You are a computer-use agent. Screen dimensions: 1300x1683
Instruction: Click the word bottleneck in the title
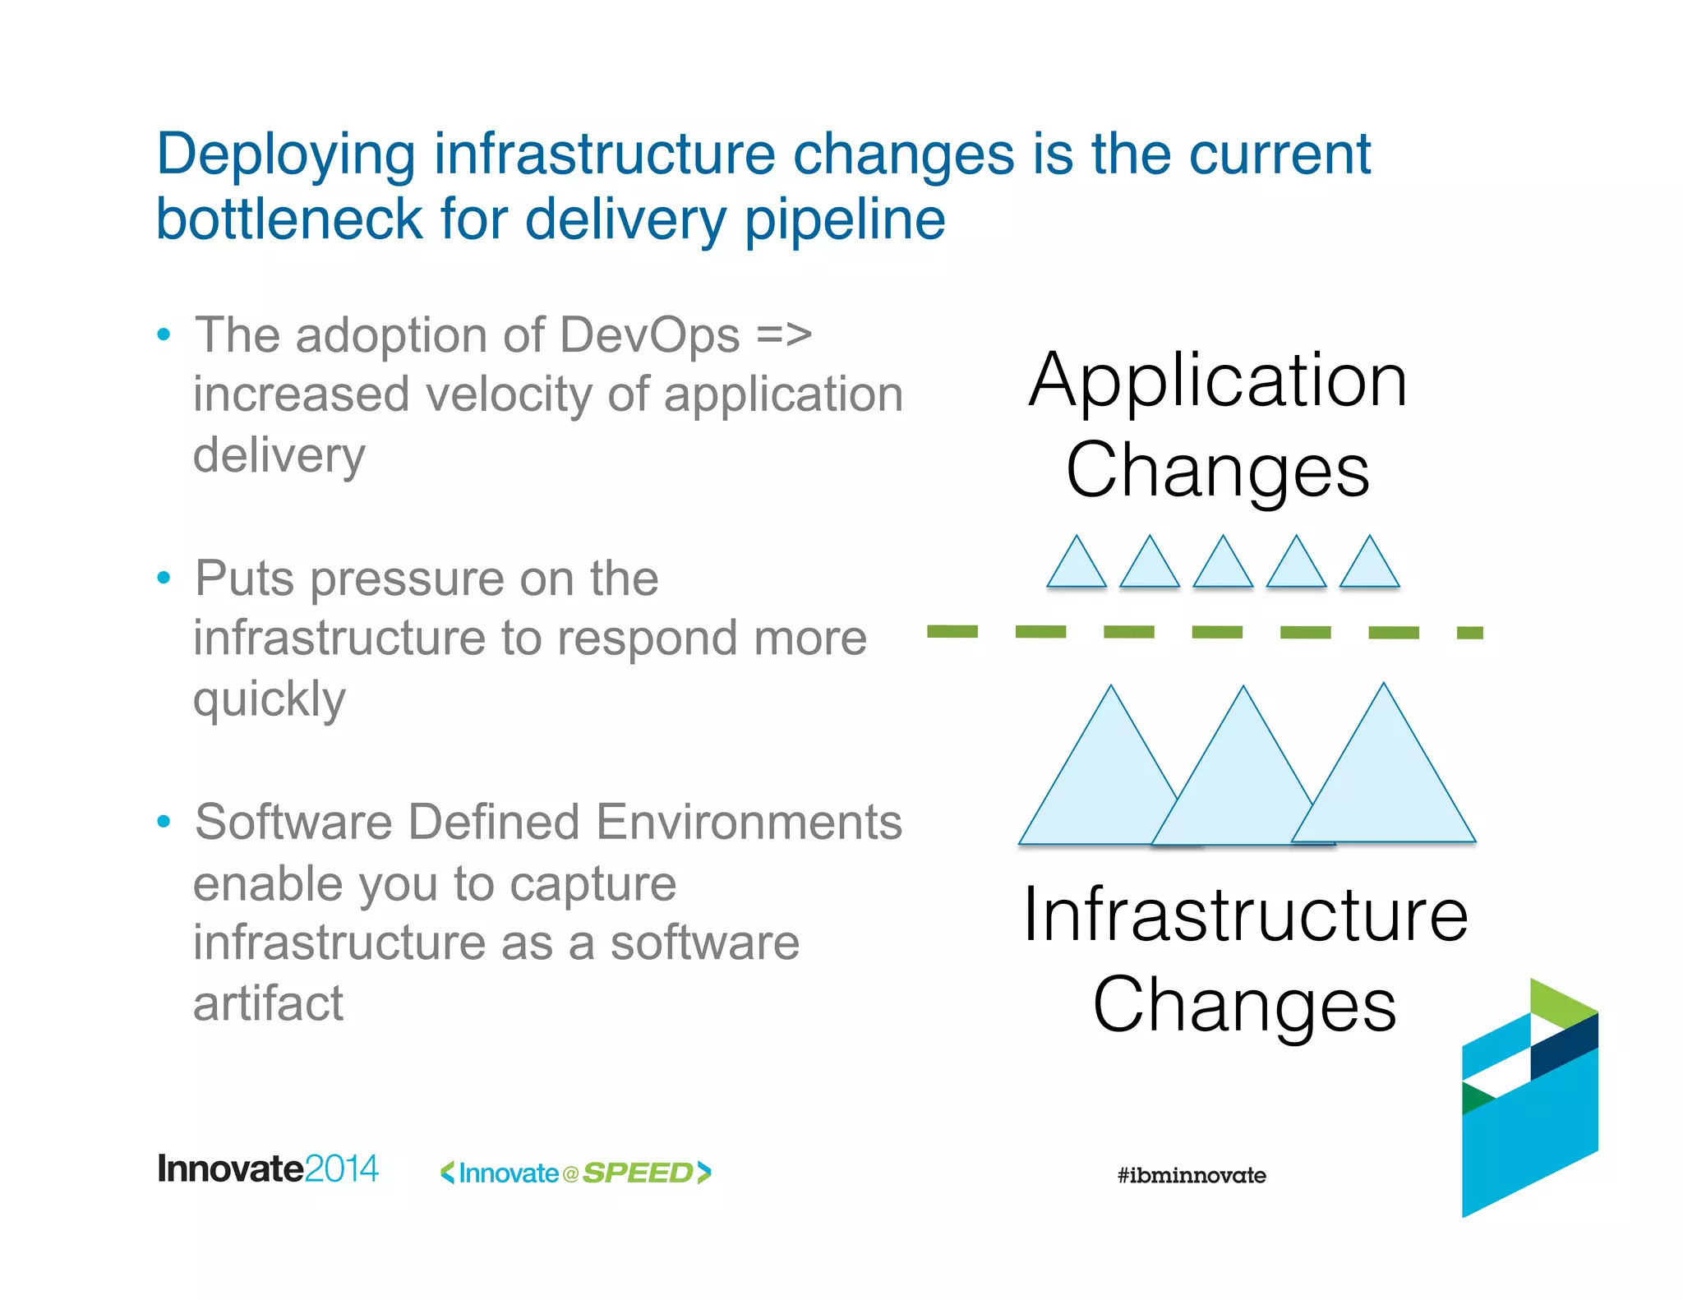(x=288, y=219)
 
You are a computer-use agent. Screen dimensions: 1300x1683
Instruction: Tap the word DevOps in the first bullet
(x=649, y=335)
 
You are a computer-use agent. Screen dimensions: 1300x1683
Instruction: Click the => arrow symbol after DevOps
(x=783, y=335)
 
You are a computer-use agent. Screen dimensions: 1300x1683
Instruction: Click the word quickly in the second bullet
(x=270, y=700)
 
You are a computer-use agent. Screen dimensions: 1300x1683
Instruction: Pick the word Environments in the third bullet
(x=749, y=822)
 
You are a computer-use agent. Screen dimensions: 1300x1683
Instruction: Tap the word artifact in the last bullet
(x=268, y=1003)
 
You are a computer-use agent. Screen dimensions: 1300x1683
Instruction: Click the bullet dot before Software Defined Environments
(x=164, y=821)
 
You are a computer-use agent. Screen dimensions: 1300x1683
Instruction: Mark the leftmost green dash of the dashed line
(x=952, y=631)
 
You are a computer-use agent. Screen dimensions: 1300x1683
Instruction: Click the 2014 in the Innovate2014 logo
(x=341, y=1169)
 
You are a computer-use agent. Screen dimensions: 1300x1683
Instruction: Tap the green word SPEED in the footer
(x=638, y=1173)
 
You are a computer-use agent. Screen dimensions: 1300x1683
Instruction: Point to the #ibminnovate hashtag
(x=1191, y=1175)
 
